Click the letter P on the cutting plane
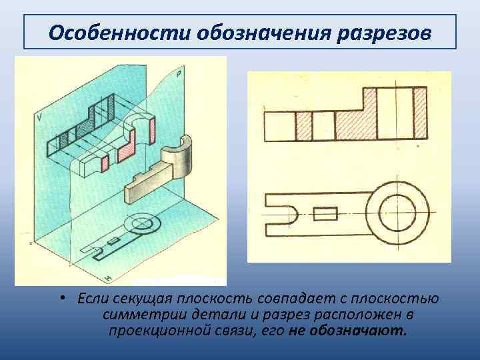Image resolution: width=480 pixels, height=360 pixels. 179,75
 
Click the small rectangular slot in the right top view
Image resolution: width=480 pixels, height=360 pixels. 325,214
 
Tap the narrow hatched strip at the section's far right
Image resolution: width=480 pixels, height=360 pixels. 420,112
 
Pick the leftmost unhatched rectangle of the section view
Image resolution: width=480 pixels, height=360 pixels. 279,126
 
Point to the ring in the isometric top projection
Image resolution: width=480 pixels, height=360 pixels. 142,221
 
